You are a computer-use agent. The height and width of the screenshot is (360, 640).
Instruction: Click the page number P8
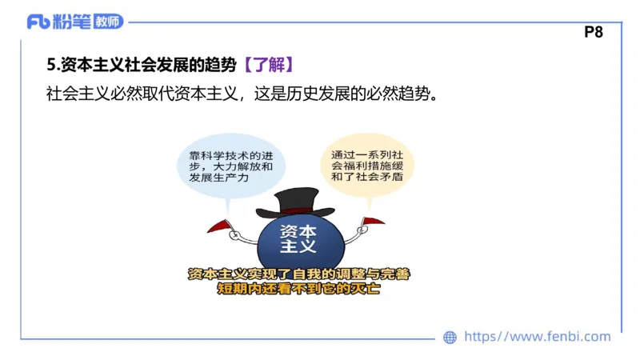coord(593,33)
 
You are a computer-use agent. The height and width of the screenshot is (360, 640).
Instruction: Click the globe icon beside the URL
coord(450,338)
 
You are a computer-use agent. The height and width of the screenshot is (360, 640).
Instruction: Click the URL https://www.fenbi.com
coord(537,337)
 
